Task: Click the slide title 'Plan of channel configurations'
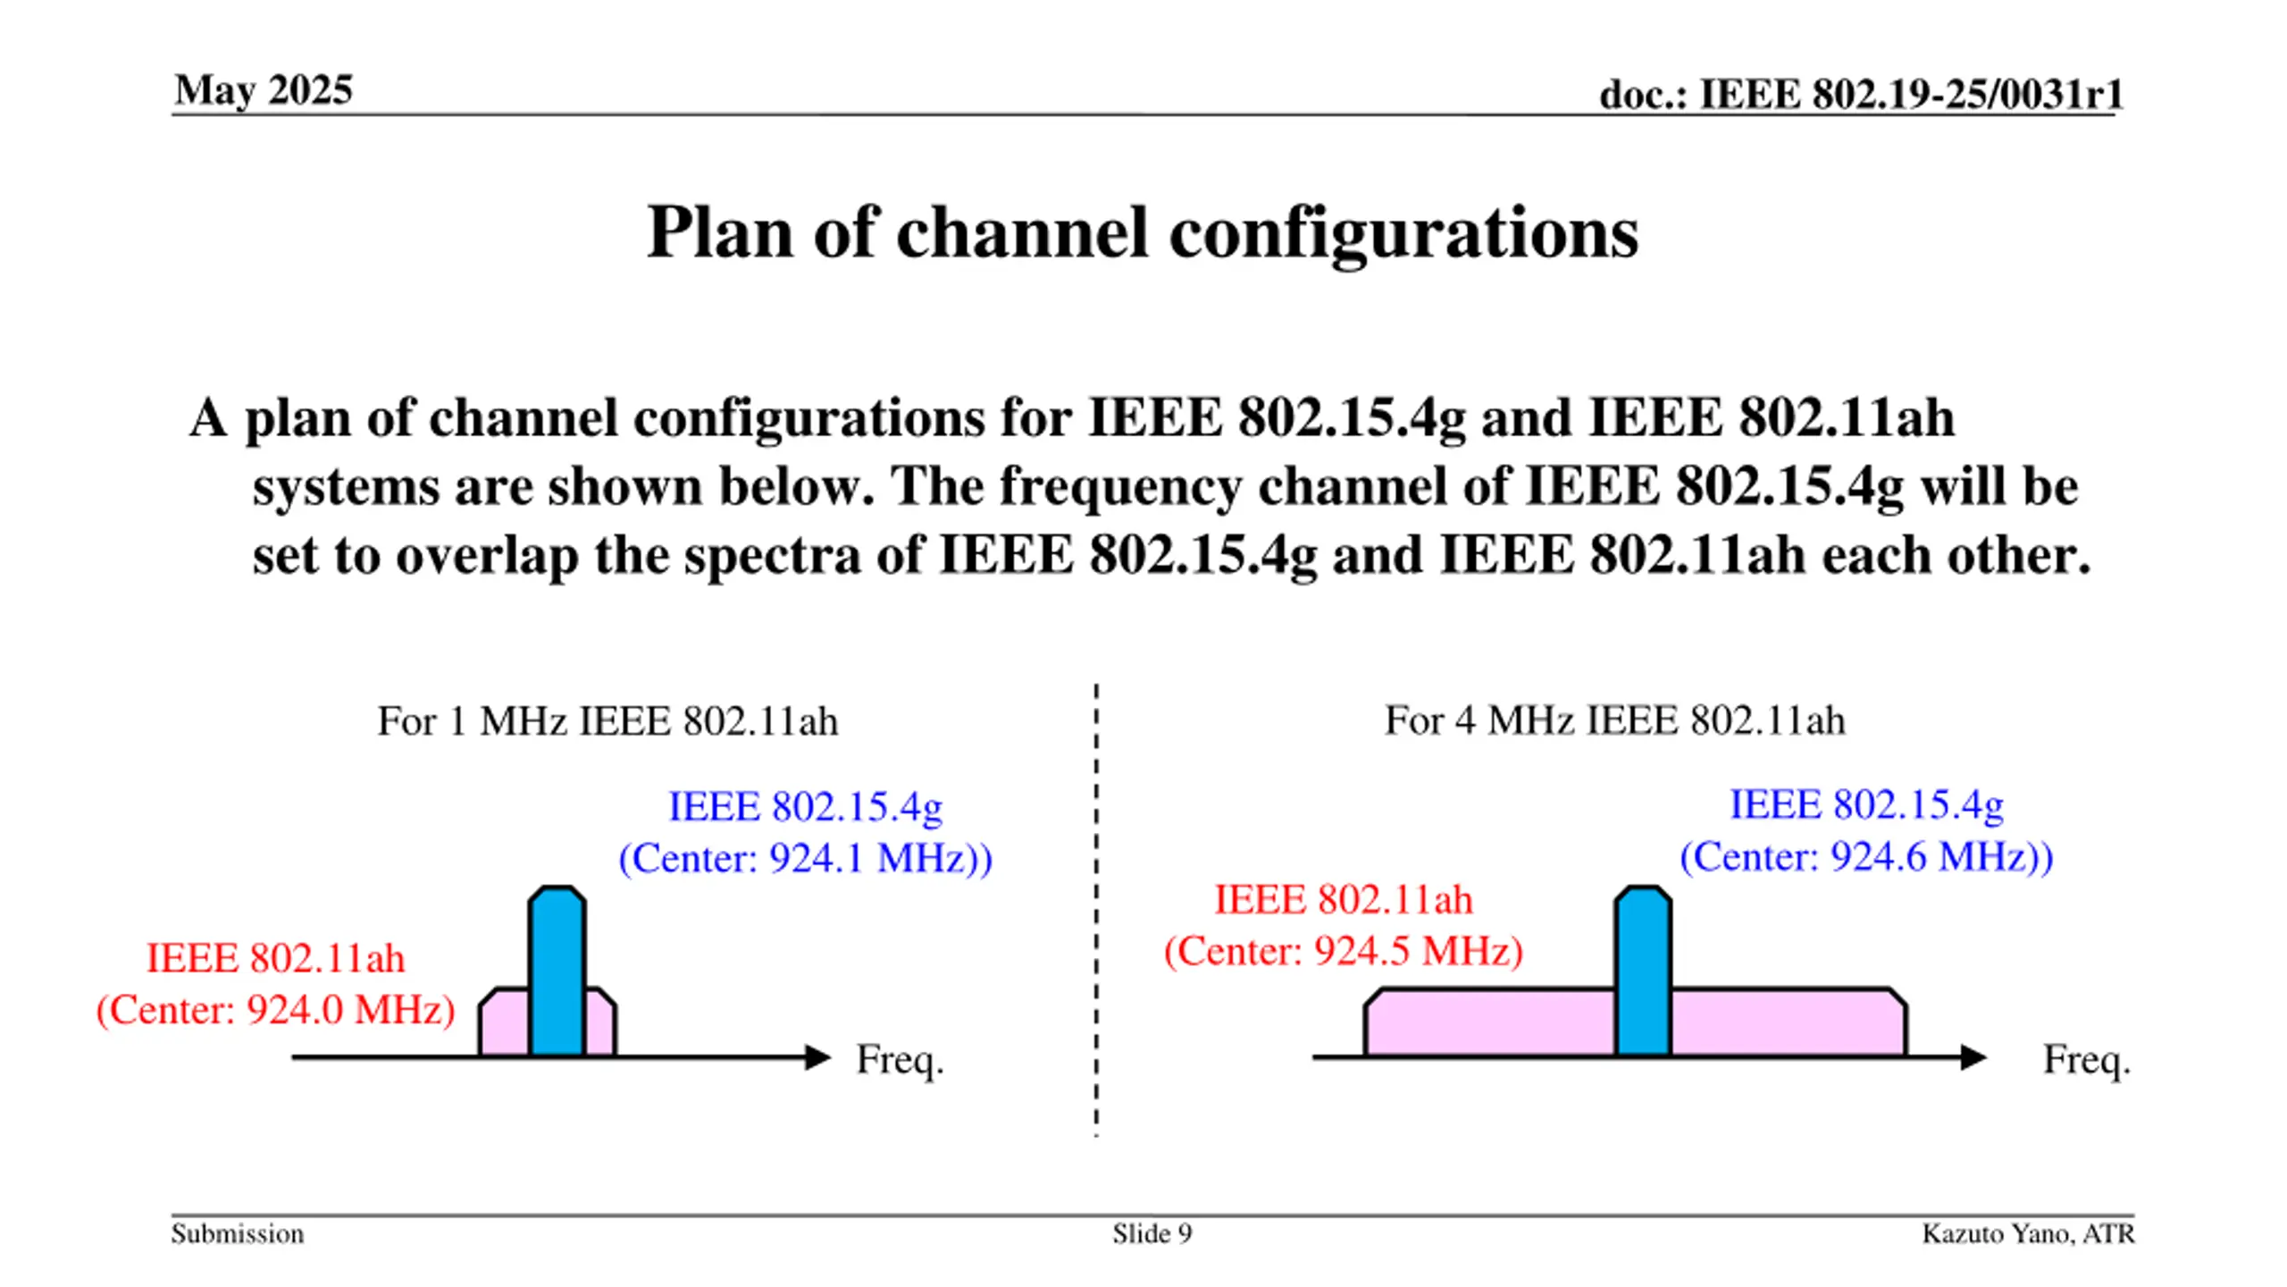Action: (1142, 232)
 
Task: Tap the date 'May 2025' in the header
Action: (264, 90)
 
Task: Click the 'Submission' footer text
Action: (238, 1233)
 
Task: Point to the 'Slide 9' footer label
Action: (1152, 1233)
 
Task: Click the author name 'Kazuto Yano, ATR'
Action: (2028, 1233)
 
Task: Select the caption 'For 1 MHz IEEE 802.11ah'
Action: (607, 721)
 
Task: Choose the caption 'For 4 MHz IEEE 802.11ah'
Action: (1614, 720)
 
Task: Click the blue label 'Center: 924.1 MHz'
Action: (805, 859)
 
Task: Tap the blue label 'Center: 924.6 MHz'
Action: (1866, 857)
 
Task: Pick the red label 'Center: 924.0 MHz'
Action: (276, 1010)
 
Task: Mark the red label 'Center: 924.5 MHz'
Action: (1343, 951)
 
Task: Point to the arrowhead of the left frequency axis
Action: (817, 1057)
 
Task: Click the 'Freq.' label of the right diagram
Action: (2087, 1060)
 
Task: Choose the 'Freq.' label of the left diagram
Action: (900, 1060)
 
